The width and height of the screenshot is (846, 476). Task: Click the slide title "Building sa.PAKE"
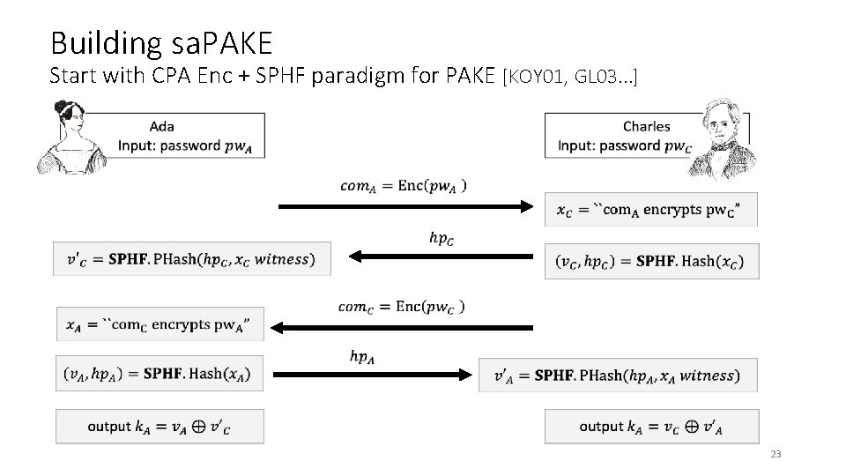pos(161,41)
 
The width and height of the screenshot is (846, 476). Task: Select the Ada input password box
pos(191,137)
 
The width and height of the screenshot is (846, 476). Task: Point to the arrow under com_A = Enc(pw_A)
pos(406,207)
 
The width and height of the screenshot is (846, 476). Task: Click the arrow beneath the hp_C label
pos(442,257)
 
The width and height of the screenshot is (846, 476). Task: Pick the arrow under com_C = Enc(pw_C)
pos(402,327)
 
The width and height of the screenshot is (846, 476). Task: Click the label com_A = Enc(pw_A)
pos(404,185)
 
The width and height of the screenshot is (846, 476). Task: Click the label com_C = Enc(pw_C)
pos(402,306)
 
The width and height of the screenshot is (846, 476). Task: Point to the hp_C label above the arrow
pos(442,237)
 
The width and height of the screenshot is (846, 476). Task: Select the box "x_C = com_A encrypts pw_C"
pos(651,210)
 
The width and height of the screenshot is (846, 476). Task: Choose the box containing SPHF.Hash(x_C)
pos(651,261)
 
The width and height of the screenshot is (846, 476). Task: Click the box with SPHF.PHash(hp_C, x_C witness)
pos(192,259)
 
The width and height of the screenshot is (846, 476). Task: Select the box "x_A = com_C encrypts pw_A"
pos(159,325)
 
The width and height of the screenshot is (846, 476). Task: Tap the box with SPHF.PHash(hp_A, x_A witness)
pos(618,376)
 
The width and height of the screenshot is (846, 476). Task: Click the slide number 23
pos(775,454)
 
